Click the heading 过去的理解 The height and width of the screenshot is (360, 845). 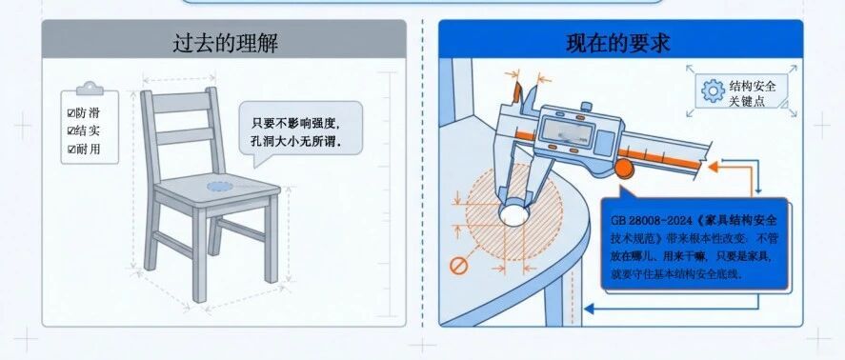tap(225, 44)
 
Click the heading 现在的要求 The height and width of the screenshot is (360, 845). tap(618, 43)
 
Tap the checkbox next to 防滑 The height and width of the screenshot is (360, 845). tap(70, 113)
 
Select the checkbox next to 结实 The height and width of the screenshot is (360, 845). tap(70, 131)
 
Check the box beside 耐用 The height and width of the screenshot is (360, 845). tap(71, 150)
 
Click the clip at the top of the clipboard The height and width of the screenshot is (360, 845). tap(90, 88)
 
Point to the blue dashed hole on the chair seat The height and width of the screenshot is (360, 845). tap(220, 187)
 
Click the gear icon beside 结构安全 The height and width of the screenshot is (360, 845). tap(713, 91)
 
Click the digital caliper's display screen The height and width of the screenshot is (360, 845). tap(567, 132)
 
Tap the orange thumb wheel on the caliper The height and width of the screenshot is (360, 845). tap(624, 169)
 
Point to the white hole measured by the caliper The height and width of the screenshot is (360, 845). tap(514, 214)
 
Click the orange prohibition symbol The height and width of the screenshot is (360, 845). tap(458, 265)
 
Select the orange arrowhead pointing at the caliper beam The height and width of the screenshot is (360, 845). tap(714, 167)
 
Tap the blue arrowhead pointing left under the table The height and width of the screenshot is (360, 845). tap(589, 309)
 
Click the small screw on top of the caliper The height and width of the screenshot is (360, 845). tap(586, 105)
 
